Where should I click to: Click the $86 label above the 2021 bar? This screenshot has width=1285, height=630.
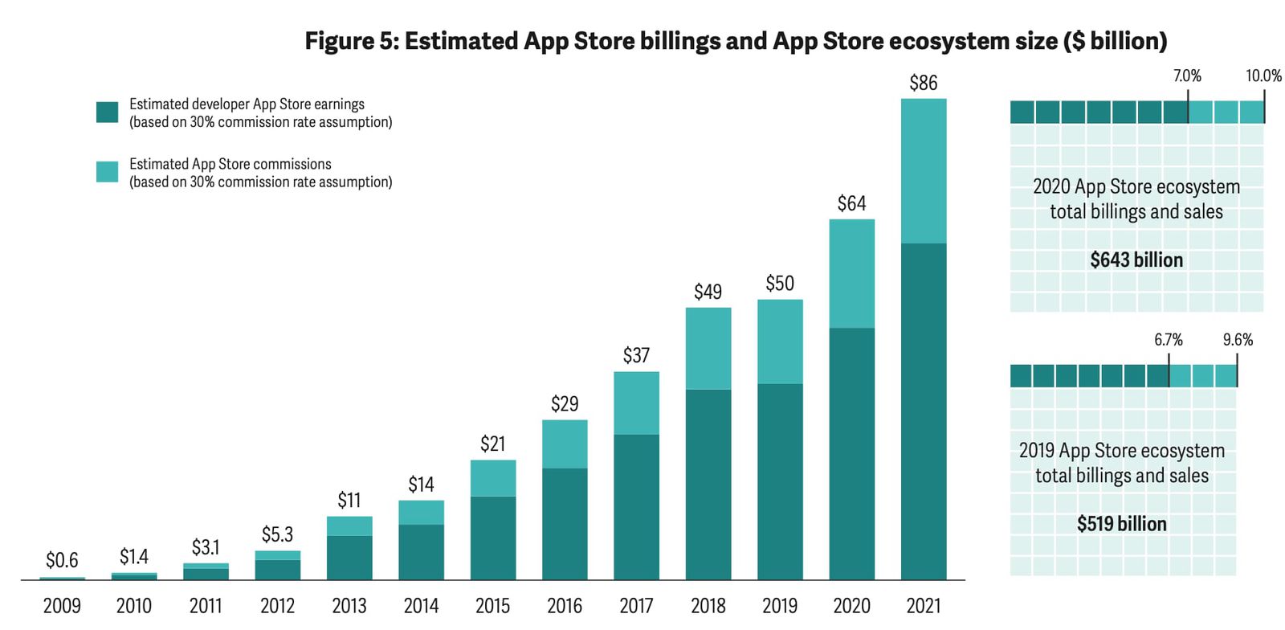pos(923,83)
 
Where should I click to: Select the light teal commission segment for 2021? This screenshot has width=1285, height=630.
pos(923,170)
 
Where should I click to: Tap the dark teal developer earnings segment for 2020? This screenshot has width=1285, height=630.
pos(851,453)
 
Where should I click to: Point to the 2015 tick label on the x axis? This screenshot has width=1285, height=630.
pos(492,606)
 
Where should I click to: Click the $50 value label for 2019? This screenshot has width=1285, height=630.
pos(779,284)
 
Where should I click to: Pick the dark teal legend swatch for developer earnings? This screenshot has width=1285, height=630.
pos(107,112)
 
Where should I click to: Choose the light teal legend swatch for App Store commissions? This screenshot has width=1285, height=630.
pos(107,172)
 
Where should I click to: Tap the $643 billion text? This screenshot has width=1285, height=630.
pos(1136,260)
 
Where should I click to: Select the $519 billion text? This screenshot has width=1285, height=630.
pos(1121,524)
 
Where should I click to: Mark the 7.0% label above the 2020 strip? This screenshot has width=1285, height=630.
pos(1187,76)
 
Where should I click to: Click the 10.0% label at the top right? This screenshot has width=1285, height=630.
pos(1263,76)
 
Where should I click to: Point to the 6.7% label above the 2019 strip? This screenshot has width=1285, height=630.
pos(1169,340)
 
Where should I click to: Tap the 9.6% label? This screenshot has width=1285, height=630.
pos(1238,340)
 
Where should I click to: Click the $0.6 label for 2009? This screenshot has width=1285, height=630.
pos(62,560)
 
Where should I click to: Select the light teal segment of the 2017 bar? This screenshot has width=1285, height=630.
pos(636,403)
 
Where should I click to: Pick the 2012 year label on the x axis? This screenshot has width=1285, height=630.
pos(277,606)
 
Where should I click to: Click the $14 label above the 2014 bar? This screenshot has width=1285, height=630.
pos(421,485)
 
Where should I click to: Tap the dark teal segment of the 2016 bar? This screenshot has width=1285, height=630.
pos(565,523)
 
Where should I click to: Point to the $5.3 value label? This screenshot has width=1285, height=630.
pos(277,534)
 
